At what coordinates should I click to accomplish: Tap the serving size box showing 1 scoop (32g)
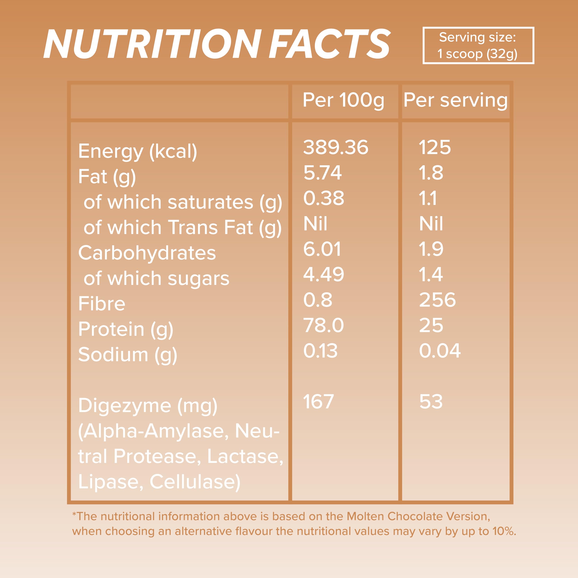tap(478, 45)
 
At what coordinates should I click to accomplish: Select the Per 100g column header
tap(343, 100)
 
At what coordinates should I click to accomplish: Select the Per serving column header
tap(455, 100)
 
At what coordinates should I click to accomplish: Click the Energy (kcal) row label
tap(138, 151)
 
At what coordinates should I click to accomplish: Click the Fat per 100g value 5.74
tap(322, 173)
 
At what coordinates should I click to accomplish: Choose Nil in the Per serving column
tap(431, 224)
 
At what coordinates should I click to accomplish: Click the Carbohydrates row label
tap(147, 253)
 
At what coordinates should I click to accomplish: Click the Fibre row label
tap(102, 304)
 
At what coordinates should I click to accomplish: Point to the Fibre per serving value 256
tap(437, 300)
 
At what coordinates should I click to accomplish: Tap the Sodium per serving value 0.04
tap(440, 351)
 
